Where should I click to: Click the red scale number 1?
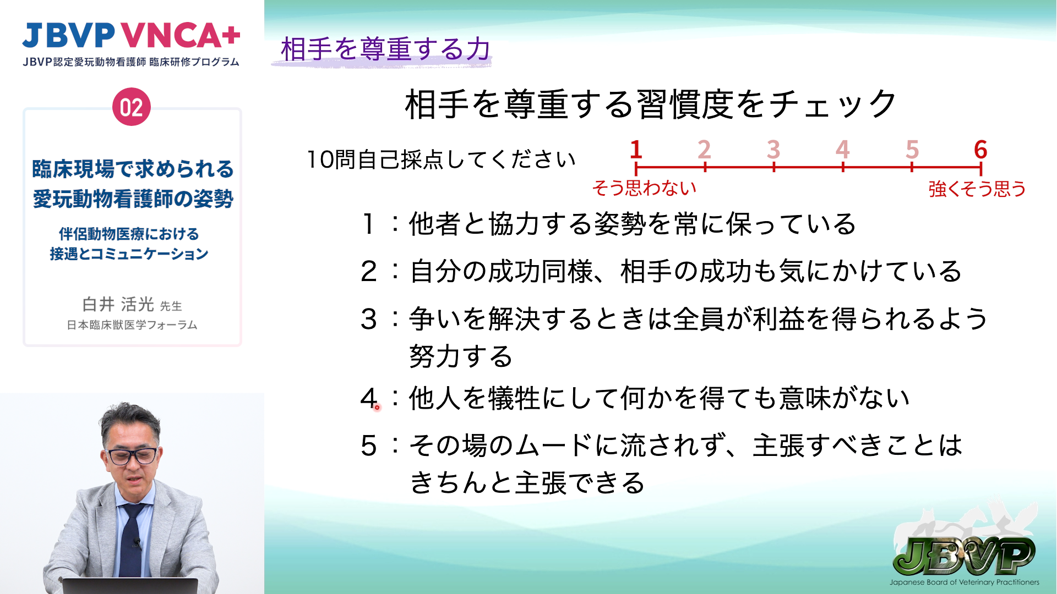coord(636,149)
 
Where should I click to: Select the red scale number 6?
coord(980,149)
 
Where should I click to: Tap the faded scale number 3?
coord(773,149)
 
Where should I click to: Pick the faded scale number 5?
coord(912,149)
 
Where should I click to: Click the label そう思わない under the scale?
coord(644,188)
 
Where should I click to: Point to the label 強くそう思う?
coord(977,189)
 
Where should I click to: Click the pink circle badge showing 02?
coord(132,107)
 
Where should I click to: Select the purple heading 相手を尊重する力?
coord(385,49)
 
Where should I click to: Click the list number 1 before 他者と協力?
coord(368,224)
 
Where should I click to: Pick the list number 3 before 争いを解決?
coord(368,320)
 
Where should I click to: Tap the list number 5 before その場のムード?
coord(368,446)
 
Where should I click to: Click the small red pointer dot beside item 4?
coord(377,408)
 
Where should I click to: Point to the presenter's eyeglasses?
coord(132,456)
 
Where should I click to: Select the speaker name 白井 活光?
coord(118,304)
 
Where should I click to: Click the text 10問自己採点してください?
coord(441,160)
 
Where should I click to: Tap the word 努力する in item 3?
coord(461,356)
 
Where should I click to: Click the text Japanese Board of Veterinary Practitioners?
coord(965,582)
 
